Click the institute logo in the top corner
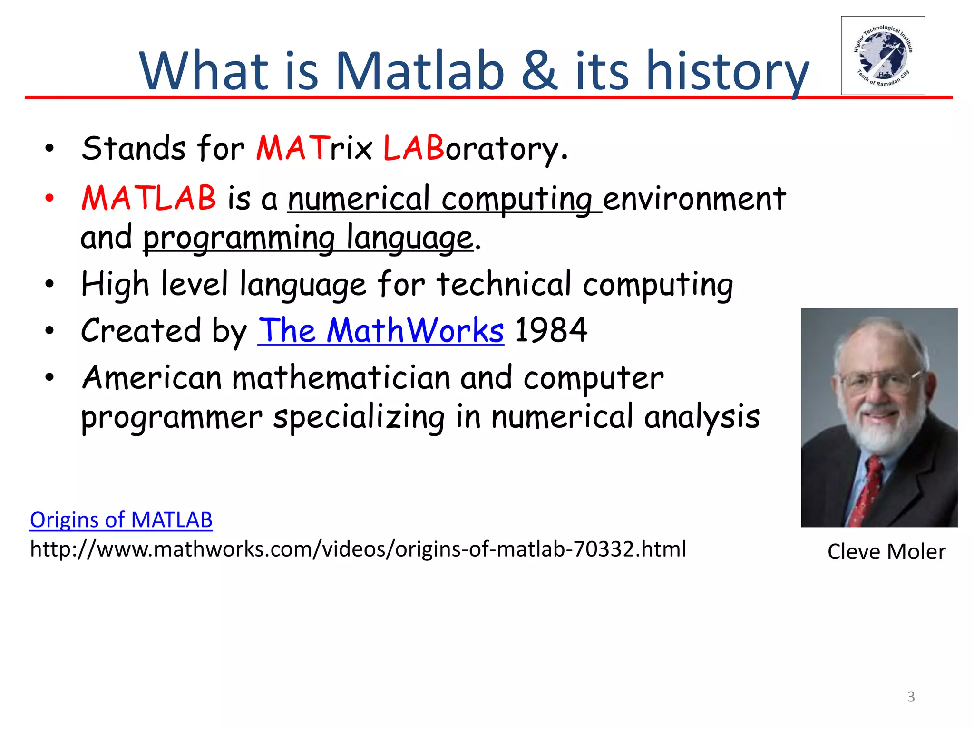click(883, 56)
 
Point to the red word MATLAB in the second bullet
click(149, 198)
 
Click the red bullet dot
click(49, 199)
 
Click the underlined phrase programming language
click(308, 238)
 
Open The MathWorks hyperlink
click(380, 331)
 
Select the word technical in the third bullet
click(504, 284)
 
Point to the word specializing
click(359, 418)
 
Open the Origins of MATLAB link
click(121, 520)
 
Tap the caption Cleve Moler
click(886, 552)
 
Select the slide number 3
click(911, 697)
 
